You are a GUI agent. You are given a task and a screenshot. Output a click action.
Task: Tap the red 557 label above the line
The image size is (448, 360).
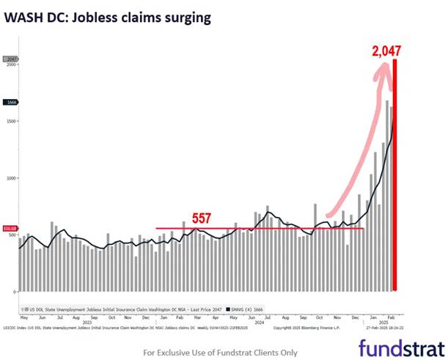point(203,218)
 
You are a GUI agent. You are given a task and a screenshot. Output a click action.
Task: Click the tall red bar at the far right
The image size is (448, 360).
point(396,176)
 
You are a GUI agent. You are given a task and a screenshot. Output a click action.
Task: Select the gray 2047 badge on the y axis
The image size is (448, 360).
point(11,59)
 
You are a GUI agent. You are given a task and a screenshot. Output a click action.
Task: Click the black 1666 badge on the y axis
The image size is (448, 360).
point(11,103)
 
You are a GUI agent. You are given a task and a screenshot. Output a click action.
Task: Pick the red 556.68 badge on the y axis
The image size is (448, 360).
point(10,228)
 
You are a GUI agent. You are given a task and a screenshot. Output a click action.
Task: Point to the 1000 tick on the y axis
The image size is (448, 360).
point(10,178)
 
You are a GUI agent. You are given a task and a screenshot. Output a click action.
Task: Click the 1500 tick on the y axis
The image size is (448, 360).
point(10,122)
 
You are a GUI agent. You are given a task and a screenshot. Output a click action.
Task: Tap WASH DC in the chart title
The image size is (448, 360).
point(33,16)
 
